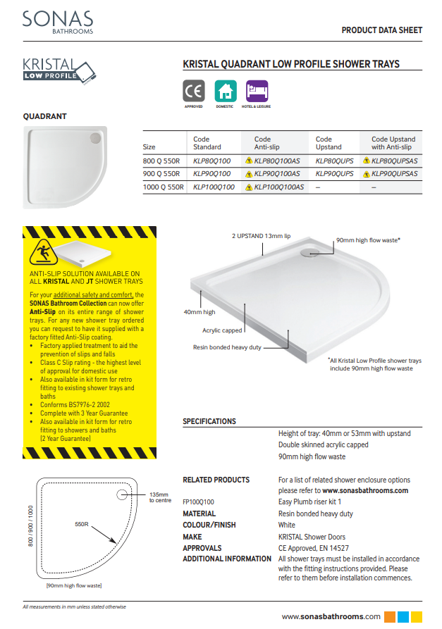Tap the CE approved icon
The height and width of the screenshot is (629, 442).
[x=193, y=92]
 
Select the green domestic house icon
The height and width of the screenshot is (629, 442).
[x=225, y=92]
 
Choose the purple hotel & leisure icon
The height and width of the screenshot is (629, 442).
[x=257, y=92]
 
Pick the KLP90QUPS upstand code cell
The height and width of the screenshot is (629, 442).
[x=335, y=173]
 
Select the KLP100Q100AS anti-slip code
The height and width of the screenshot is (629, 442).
[x=278, y=187]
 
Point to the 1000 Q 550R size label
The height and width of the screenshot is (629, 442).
[x=163, y=187]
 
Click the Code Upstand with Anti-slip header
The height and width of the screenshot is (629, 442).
[x=393, y=143]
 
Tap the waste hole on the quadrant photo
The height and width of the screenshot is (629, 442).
[x=95, y=139]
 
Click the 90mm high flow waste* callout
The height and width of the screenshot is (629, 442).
[x=368, y=240]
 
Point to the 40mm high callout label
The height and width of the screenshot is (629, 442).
[x=199, y=311]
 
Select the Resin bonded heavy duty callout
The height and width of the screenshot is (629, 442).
[x=227, y=347]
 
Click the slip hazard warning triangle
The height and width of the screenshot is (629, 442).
[x=41, y=251]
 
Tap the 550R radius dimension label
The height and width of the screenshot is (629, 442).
[x=81, y=525]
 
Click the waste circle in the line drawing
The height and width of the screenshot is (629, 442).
[x=124, y=494]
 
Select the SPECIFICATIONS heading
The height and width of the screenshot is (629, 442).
[x=209, y=421]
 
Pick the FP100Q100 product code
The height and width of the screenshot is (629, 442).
[x=199, y=502]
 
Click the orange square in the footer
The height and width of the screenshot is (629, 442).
[x=391, y=616]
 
